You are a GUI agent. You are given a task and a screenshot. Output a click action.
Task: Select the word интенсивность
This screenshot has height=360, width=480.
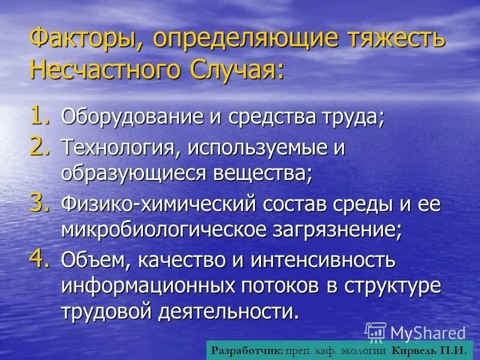pos(325,261)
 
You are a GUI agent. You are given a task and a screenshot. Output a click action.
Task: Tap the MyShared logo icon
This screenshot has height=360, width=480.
pos(376,332)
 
